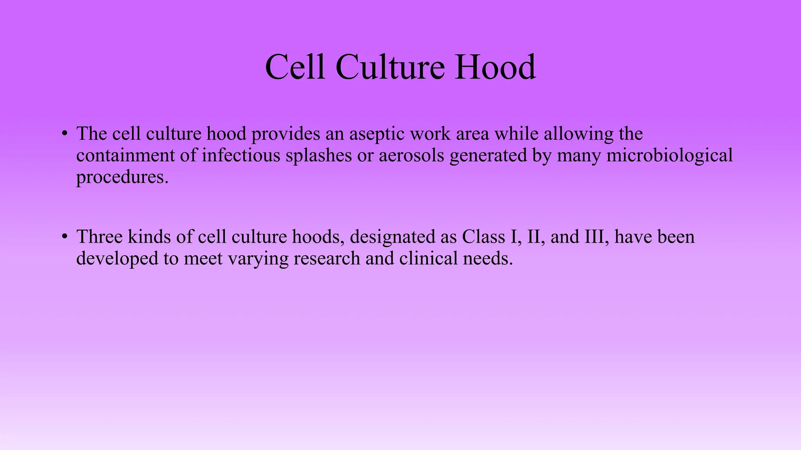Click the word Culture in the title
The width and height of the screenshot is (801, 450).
(390, 67)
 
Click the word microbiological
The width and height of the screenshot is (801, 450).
(669, 155)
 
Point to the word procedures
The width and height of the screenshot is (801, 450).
(122, 177)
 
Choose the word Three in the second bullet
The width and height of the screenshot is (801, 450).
(99, 237)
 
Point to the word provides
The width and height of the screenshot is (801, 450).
(285, 134)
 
